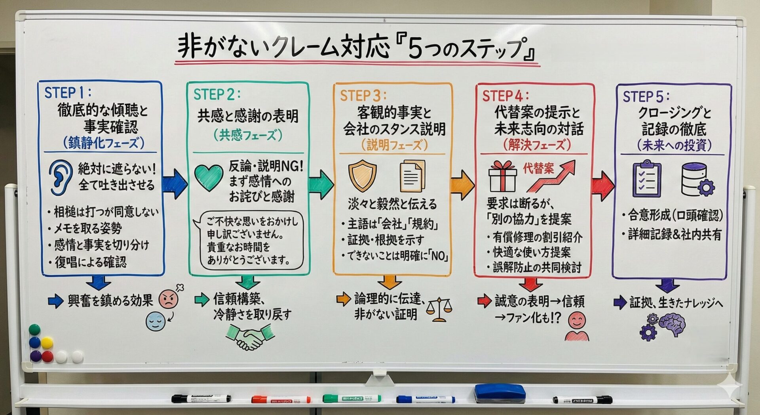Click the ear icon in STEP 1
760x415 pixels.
pyautogui.click(x=60, y=178)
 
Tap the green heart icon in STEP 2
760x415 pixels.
pyautogui.click(x=209, y=178)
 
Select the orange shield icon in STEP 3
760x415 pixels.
pyautogui.click(x=362, y=176)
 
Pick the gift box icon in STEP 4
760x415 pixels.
pyautogui.click(x=502, y=177)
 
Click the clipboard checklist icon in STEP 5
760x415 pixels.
pyautogui.click(x=647, y=179)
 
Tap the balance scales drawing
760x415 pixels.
pyautogui.click(x=439, y=309)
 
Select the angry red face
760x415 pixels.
pyautogui.click(x=169, y=299)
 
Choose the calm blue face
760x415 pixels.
pyautogui.click(x=155, y=321)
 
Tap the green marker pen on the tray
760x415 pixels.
pyautogui.click(x=351, y=398)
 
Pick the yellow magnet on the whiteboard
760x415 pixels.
pyautogui.click(x=47, y=343)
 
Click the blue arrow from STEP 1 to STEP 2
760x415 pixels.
pyautogui.click(x=175, y=184)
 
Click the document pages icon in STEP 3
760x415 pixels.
pyautogui.click(x=412, y=176)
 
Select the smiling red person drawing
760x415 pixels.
pyautogui.click(x=577, y=327)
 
